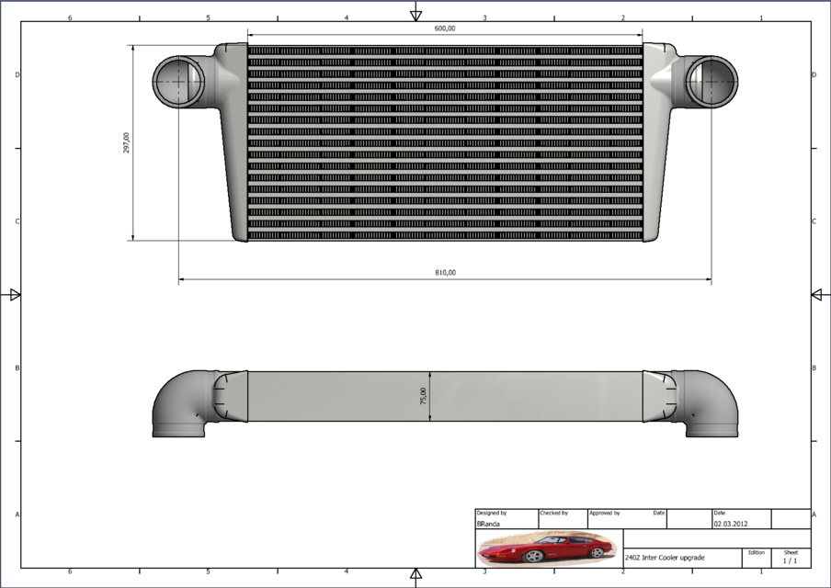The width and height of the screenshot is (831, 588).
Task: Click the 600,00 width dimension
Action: pos(445,28)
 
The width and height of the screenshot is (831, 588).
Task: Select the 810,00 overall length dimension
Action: pos(445,272)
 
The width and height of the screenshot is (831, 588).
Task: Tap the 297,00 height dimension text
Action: pos(126,142)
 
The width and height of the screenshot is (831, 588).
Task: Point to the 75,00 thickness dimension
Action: pos(423,396)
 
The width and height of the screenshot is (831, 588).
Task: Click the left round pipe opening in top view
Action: pos(178,81)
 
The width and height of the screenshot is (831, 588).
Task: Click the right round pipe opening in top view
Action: pos(711,80)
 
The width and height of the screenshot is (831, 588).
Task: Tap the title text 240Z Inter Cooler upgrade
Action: pos(665,558)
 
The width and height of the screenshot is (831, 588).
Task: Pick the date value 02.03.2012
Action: pos(729,523)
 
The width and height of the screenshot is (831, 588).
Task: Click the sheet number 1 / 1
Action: pos(790,560)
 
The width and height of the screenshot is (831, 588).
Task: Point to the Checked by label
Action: pos(553,513)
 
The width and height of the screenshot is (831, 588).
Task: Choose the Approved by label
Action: pos(605,513)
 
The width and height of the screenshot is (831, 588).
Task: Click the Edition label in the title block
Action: pos(756,552)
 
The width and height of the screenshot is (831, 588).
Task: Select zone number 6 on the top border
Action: pos(70,17)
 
